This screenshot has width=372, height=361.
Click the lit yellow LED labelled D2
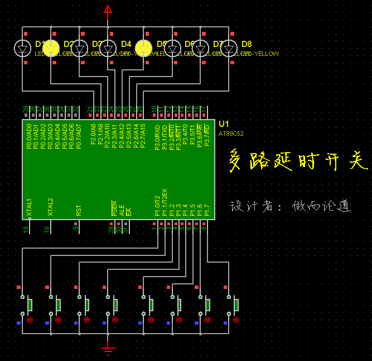[x=51, y=49]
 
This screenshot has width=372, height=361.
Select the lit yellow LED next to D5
[x=144, y=49]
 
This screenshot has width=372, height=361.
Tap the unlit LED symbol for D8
[x=229, y=48]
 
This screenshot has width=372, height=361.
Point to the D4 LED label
[x=126, y=44]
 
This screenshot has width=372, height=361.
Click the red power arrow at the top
[x=108, y=9]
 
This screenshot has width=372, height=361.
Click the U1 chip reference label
[x=224, y=123]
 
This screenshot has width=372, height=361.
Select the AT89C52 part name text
[x=231, y=134]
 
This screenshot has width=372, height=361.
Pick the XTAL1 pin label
[x=30, y=207]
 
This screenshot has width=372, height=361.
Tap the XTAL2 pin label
[x=50, y=207]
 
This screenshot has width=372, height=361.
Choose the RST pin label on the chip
[x=79, y=210]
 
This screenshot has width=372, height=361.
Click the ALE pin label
[x=122, y=211]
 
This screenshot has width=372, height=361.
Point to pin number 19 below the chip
[x=26, y=229]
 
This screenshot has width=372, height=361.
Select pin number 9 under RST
[x=75, y=228]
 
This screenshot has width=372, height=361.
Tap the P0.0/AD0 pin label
[x=29, y=137]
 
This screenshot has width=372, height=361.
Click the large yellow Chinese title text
[x=299, y=160]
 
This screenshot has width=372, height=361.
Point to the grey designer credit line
[x=291, y=206]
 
